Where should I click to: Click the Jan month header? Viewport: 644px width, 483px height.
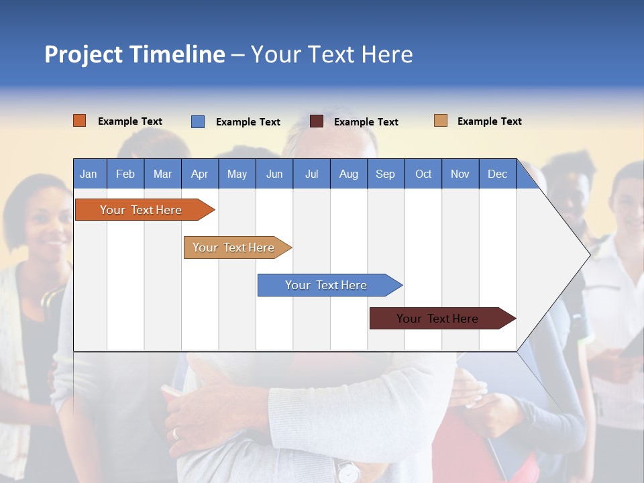coord(89,174)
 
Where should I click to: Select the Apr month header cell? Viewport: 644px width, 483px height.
coord(199,174)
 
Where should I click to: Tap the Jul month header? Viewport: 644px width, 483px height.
coord(311,174)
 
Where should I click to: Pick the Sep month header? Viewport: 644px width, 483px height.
coord(385,174)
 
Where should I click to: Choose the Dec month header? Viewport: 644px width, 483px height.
coord(497,174)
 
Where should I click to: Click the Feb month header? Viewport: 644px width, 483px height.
coord(125,174)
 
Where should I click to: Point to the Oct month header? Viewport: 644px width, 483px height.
coord(423,174)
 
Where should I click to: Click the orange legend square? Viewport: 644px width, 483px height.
coord(80,121)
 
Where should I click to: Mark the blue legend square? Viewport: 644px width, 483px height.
coord(198,121)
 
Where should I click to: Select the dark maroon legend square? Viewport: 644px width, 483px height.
coord(317,121)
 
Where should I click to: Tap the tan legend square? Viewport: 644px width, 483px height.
coord(441,121)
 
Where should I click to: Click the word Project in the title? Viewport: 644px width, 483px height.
coord(83,55)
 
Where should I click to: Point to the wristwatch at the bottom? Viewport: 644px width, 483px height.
coord(347,472)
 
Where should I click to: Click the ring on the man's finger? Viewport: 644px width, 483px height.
coord(176,433)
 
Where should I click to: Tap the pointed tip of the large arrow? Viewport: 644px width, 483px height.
coord(589,254)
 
